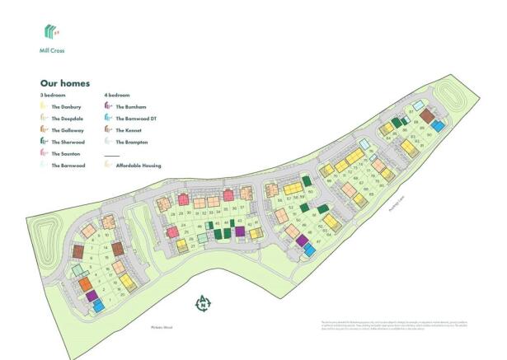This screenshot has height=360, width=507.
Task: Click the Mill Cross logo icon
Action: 51,32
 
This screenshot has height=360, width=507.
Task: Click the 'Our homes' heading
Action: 65,83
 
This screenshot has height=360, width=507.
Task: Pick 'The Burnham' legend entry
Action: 131,107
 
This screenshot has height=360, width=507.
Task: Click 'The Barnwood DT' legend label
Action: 134,119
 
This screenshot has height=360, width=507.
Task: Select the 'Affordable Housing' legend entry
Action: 138,166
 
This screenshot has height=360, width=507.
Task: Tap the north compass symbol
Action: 201,304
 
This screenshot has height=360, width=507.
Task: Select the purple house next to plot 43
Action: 240,232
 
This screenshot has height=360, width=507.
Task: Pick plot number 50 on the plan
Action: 311,193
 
